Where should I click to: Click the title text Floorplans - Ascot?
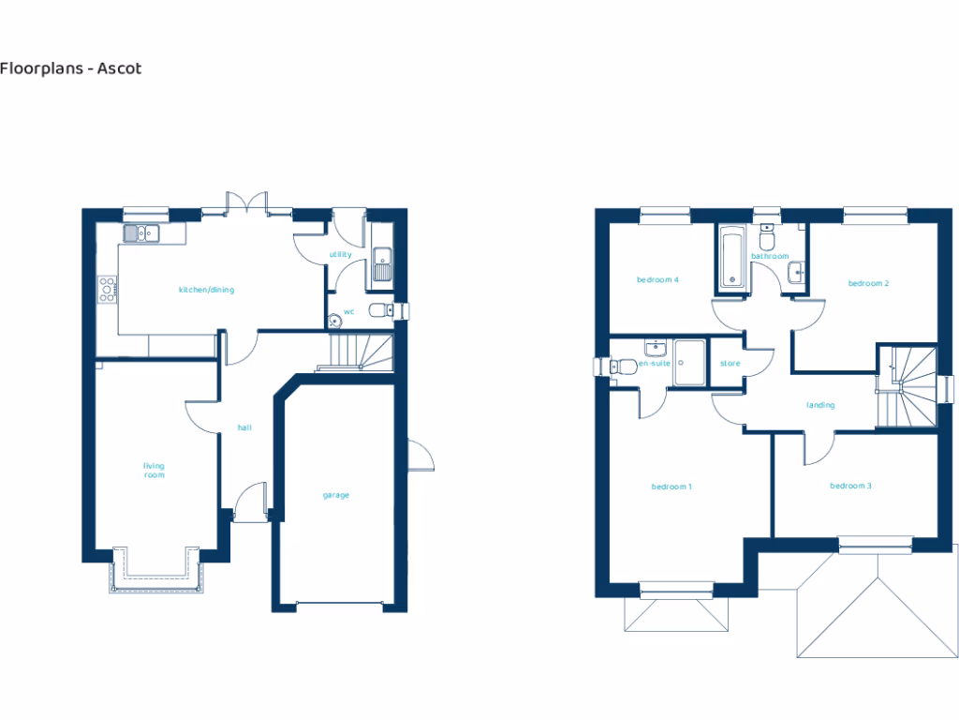pos(71,68)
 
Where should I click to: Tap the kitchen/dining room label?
pos(206,290)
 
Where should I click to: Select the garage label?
pos(335,495)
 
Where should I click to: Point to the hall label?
pos(244,427)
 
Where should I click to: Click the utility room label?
pos(340,254)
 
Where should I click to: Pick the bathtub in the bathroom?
pos(730,256)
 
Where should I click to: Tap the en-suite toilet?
pos(621,367)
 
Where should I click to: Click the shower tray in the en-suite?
pos(691,361)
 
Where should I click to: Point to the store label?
pos(730,364)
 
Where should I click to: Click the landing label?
pos(820,405)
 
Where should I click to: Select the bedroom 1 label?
pos(671,487)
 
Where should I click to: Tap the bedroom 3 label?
pos(850,486)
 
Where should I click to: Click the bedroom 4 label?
pos(657,279)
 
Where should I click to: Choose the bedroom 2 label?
pos(868,283)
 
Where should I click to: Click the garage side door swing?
pos(422,457)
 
